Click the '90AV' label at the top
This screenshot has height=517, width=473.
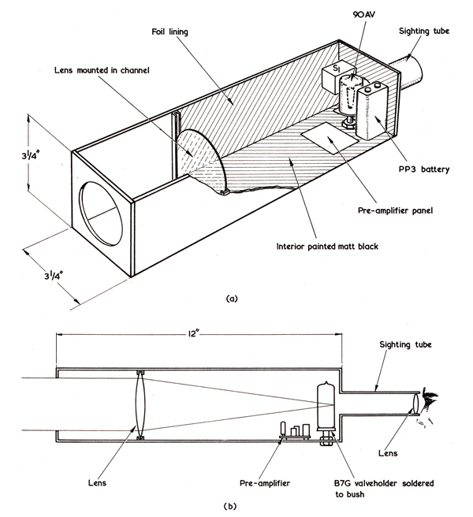tap(364, 14)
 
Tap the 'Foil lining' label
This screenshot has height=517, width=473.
tap(169, 32)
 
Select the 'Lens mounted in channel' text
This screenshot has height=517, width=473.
tap(102, 70)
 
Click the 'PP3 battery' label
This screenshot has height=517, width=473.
tap(424, 169)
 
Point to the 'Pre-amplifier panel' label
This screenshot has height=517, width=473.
tap(395, 210)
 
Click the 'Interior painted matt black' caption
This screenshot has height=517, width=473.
tap(327, 247)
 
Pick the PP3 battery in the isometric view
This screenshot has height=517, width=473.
tap(372, 110)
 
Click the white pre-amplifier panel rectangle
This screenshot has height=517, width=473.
tap(330, 139)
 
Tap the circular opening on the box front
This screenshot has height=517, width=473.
tap(101, 214)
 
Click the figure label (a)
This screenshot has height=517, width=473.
tap(232, 299)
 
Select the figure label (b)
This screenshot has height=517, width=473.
tap(230, 506)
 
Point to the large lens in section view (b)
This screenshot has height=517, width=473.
tap(140, 404)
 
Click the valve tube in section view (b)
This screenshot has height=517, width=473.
tap(326, 406)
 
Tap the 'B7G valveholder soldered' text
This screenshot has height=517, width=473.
tap(384, 483)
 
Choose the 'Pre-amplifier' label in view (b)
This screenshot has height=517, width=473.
tap(265, 483)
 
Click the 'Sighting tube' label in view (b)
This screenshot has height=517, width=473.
tap(405, 344)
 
